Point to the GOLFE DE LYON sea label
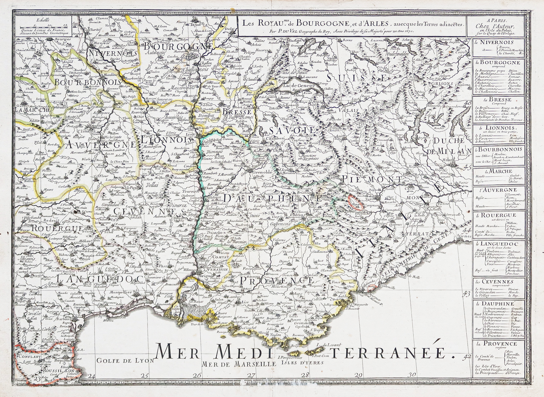pyautogui.click(x=125, y=360)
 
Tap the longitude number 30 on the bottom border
pyautogui.click(x=412, y=375)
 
